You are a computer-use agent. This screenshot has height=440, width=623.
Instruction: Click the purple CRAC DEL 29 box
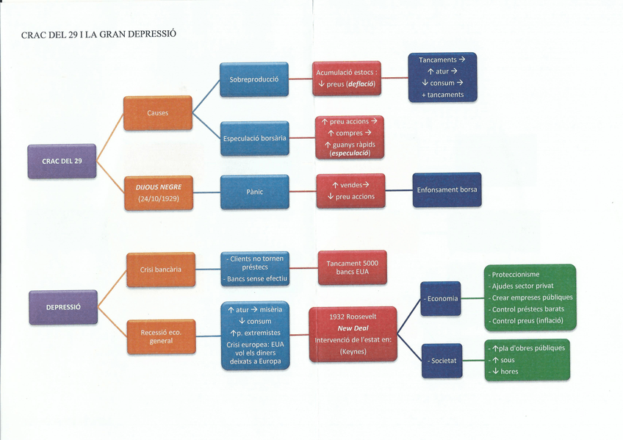click(62, 161)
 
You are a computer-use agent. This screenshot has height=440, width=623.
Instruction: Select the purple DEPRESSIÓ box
click(63, 306)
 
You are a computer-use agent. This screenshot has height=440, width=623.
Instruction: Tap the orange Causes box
click(157, 113)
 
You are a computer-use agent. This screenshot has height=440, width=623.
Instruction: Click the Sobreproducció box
click(254, 79)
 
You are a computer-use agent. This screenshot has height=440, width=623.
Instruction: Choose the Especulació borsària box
click(254, 137)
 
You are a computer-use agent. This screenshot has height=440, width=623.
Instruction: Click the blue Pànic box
click(254, 192)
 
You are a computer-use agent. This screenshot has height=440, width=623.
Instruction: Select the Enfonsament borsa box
click(447, 190)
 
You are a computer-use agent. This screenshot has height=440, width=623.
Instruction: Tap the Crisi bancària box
click(160, 270)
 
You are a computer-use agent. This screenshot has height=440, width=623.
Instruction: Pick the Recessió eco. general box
click(161, 336)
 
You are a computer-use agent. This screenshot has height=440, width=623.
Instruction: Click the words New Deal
click(353, 328)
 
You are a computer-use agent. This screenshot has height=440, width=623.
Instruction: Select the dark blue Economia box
click(441, 298)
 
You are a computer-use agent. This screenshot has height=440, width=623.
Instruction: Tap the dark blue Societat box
click(442, 361)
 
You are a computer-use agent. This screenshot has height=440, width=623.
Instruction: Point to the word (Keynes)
click(353, 352)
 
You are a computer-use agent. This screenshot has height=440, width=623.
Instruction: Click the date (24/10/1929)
click(159, 198)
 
